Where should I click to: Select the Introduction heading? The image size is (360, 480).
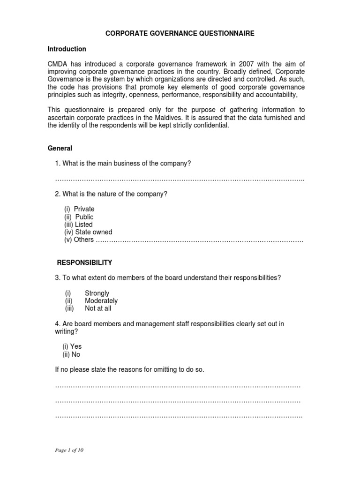tap(67, 49)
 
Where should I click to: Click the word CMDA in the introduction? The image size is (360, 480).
tap(58, 64)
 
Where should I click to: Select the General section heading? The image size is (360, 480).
tap(60, 148)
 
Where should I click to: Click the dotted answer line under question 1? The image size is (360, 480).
tap(180, 180)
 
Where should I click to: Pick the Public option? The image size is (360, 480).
tap(84, 217)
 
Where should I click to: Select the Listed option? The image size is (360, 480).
tap(84, 225)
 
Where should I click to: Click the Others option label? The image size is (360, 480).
tap(84, 240)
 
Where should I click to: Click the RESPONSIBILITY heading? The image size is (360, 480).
tap(84, 262)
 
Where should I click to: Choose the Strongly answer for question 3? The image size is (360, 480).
tap(97, 293)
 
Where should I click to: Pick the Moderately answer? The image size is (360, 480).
tap(101, 301)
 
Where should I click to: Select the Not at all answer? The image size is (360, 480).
tap(98, 308)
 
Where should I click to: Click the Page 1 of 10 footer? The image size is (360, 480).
tap(69, 450)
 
